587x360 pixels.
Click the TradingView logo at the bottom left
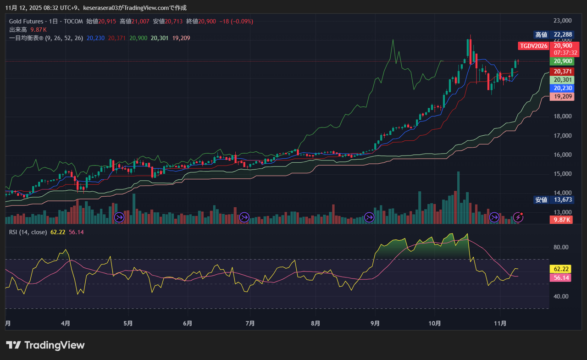click(45, 345)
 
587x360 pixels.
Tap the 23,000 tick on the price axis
click(562, 21)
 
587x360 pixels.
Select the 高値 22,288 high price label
click(554, 34)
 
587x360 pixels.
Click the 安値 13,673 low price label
click(554, 200)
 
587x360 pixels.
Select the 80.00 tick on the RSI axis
click(561, 247)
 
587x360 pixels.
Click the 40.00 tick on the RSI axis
click(561, 296)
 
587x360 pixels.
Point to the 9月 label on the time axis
click(375, 323)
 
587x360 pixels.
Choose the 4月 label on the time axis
click(66, 323)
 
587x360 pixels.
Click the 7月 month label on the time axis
click(250, 323)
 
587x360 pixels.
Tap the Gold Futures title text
click(26, 21)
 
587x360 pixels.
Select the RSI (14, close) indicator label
click(28, 232)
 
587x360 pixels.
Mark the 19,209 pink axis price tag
click(562, 97)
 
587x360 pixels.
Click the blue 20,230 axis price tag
click(562, 88)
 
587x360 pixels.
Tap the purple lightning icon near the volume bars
click(518, 217)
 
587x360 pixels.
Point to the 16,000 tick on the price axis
click(562, 155)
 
